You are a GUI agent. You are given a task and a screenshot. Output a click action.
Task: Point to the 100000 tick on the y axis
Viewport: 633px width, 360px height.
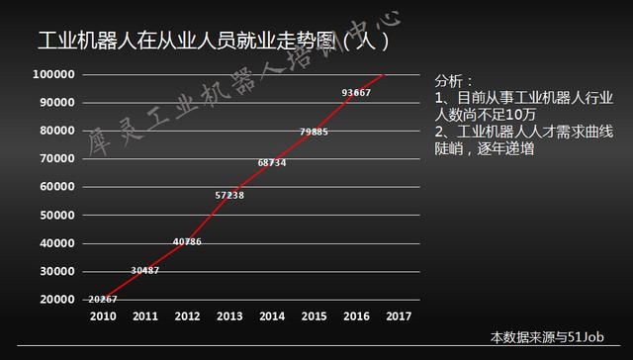tap(53, 74)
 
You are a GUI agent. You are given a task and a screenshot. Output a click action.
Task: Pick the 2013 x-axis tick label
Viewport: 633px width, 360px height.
tap(229, 318)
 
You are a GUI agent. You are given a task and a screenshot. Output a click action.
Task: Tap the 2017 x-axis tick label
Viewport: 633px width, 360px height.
tap(398, 318)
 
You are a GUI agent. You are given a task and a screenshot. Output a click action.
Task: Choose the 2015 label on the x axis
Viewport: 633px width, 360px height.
tap(314, 318)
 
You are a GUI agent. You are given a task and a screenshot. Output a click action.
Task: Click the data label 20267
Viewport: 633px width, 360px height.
tap(103, 299)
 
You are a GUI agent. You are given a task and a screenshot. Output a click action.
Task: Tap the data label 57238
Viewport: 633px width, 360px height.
tap(229, 195)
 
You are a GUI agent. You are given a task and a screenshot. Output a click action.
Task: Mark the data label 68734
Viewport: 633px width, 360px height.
tap(272, 162)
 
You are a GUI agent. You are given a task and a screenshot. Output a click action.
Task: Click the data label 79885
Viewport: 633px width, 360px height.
tap(314, 132)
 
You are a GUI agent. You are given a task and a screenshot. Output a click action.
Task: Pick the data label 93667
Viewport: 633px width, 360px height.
tap(356, 92)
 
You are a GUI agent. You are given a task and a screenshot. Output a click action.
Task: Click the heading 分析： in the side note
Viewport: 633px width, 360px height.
tap(455, 80)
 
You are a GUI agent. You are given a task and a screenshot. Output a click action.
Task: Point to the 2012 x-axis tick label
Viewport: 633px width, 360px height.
tap(187, 318)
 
